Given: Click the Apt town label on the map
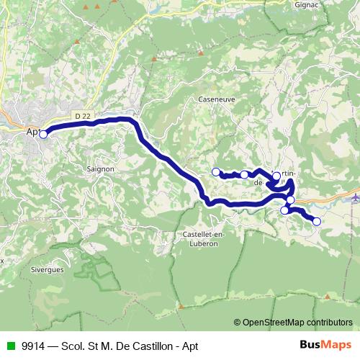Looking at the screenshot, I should pos(32,132).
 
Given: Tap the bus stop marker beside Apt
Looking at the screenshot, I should pos(43,134).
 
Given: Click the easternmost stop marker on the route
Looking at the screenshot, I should pos(316,221).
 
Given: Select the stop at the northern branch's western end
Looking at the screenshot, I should pos(215,171).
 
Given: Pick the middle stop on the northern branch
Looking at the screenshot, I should pos(245,174).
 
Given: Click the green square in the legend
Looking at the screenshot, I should pos(9,345).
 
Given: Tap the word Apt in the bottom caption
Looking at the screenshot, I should pos(189,345).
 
